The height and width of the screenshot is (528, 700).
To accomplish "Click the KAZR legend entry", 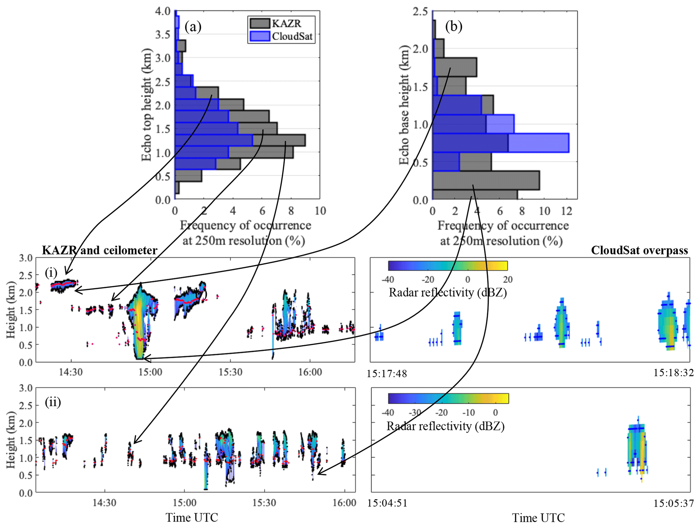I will (281, 23).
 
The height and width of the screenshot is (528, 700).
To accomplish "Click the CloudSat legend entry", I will (281, 36).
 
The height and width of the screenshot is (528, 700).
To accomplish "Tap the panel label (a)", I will (193, 26).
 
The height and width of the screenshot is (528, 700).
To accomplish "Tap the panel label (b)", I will (453, 26).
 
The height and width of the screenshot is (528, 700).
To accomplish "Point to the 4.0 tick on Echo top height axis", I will (163, 11).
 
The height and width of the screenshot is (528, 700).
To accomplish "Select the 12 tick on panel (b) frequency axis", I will (567, 211).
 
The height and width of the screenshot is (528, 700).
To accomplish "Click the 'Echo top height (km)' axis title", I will (146, 105).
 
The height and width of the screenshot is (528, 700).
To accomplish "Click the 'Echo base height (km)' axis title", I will (404, 105).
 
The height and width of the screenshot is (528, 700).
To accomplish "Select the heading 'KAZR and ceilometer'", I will (100, 250).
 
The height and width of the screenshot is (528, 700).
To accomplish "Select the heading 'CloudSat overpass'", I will (639, 250).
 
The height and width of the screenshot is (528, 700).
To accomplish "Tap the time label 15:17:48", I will (387, 374).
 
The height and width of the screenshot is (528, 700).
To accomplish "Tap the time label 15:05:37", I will (673, 504).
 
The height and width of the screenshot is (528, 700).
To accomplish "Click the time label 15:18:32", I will (673, 373).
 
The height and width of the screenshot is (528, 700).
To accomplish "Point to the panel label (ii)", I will (53, 402).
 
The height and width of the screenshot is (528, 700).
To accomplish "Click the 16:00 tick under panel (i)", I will (310, 372).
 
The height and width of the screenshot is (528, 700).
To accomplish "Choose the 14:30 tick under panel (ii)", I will (105, 503).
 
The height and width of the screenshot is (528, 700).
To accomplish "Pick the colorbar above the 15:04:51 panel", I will (448, 398).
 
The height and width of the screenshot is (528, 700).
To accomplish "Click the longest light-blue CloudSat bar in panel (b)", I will (538, 143).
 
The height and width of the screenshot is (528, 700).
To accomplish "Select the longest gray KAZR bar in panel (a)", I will (279, 140).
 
